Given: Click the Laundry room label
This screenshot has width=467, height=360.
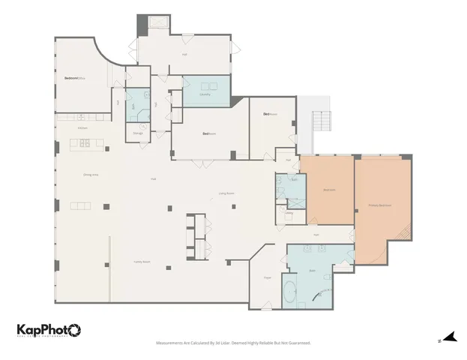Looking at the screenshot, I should pos(205,94).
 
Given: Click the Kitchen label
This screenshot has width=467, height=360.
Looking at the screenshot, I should pos(83,128).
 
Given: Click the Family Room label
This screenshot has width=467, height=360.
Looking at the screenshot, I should pos(142,262).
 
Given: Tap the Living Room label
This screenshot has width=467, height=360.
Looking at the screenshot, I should pos(226,193).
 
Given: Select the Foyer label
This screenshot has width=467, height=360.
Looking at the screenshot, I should pos(267,277).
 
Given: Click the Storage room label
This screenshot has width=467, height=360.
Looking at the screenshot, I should pos(138,133).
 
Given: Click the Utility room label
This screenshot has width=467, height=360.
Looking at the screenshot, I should pos(289,213).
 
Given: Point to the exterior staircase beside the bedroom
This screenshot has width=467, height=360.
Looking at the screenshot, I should pos(320,120).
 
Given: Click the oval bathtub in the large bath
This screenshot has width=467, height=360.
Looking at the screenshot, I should pos(290,291).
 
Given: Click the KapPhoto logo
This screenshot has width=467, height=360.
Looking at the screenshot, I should pos(49,331).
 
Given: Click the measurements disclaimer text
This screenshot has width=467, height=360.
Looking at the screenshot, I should pos(233,343).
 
